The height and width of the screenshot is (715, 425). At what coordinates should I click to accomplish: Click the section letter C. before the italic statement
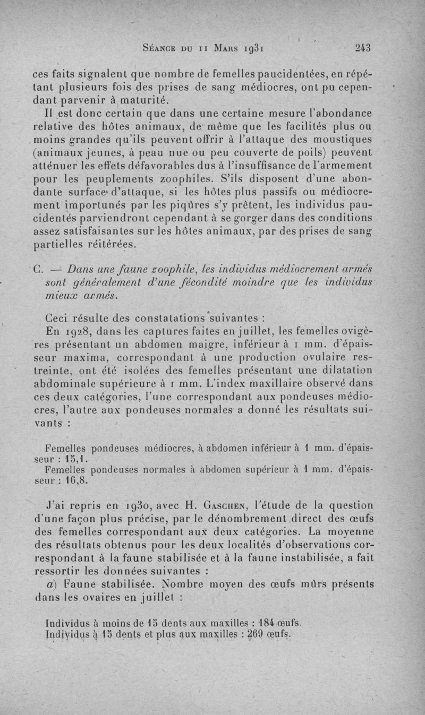pyautogui.click(x=37, y=268)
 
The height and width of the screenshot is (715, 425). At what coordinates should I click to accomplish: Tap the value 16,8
pyautogui.click(x=77, y=481)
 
